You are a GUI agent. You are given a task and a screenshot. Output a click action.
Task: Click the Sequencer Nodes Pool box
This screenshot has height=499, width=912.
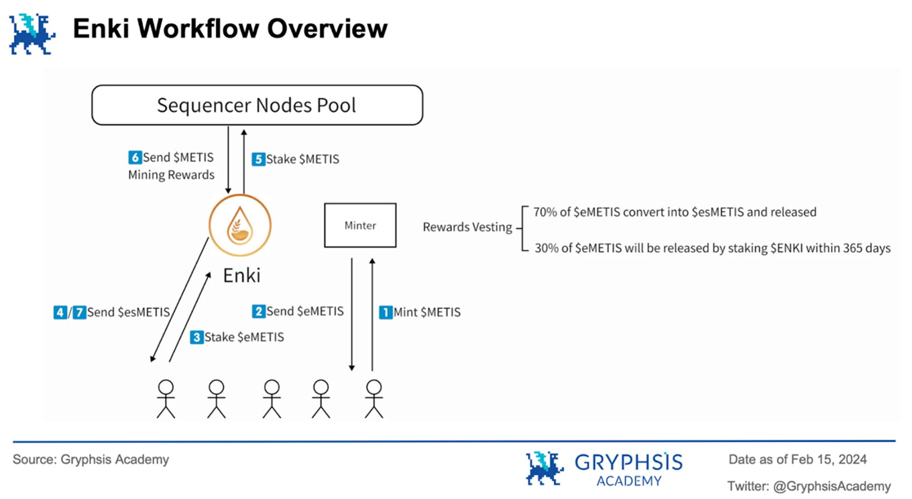257,105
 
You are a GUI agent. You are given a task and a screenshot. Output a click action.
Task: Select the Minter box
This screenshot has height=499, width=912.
360,225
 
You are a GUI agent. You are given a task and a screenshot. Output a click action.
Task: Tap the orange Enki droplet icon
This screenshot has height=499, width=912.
240,225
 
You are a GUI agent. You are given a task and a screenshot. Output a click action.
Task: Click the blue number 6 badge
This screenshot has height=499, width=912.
135,157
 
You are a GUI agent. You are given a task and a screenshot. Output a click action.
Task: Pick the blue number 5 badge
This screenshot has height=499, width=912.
258,159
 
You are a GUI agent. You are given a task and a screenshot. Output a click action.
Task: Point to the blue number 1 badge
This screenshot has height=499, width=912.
385,312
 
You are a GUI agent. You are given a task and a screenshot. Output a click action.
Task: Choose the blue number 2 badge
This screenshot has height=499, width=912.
258,311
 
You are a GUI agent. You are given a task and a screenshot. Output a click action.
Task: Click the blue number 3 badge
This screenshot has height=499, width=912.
197,337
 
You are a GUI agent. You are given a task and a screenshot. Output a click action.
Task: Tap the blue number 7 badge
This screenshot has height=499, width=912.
79,312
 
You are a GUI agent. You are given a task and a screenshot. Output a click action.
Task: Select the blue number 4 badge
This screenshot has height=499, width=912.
60,312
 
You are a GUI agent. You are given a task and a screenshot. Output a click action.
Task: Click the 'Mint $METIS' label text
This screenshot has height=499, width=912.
427,312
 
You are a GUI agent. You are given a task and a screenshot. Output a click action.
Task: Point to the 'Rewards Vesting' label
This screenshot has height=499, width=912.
467,227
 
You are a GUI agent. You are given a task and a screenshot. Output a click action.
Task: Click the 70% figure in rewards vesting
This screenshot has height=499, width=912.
545,212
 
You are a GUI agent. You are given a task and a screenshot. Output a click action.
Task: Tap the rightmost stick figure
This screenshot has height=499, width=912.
374,399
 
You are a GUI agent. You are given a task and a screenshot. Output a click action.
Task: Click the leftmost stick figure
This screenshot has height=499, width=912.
166,399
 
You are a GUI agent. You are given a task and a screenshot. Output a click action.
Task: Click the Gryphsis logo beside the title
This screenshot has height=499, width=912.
32,34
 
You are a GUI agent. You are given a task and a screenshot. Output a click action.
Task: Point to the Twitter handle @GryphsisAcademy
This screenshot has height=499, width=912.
832,486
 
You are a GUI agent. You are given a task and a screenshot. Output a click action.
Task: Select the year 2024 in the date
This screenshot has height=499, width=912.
853,460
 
